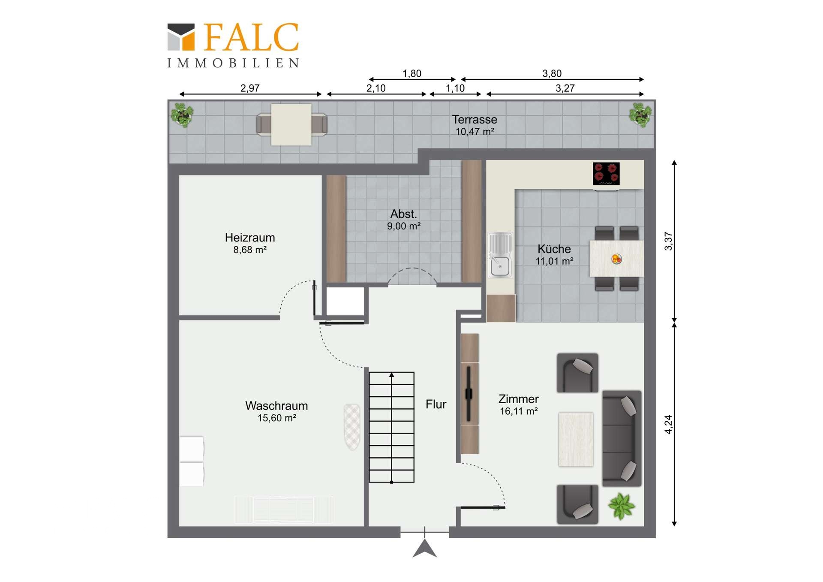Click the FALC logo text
(251, 37)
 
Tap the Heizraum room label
(250, 238)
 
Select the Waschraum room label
(276, 406)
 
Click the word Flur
(436, 404)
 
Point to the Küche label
(554, 249)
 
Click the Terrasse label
(475, 119)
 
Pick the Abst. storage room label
(403, 214)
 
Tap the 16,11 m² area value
(519, 411)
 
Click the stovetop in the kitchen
(606, 174)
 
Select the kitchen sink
(500, 255)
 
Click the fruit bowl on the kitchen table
(616, 259)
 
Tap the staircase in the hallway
(392, 427)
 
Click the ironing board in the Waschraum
(352, 427)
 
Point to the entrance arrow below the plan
(425, 549)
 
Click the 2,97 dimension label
(250, 88)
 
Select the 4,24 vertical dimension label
(668, 425)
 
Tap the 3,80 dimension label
(552, 73)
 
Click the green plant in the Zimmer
(621, 506)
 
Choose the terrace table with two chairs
(291, 124)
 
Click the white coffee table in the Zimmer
(576, 439)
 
